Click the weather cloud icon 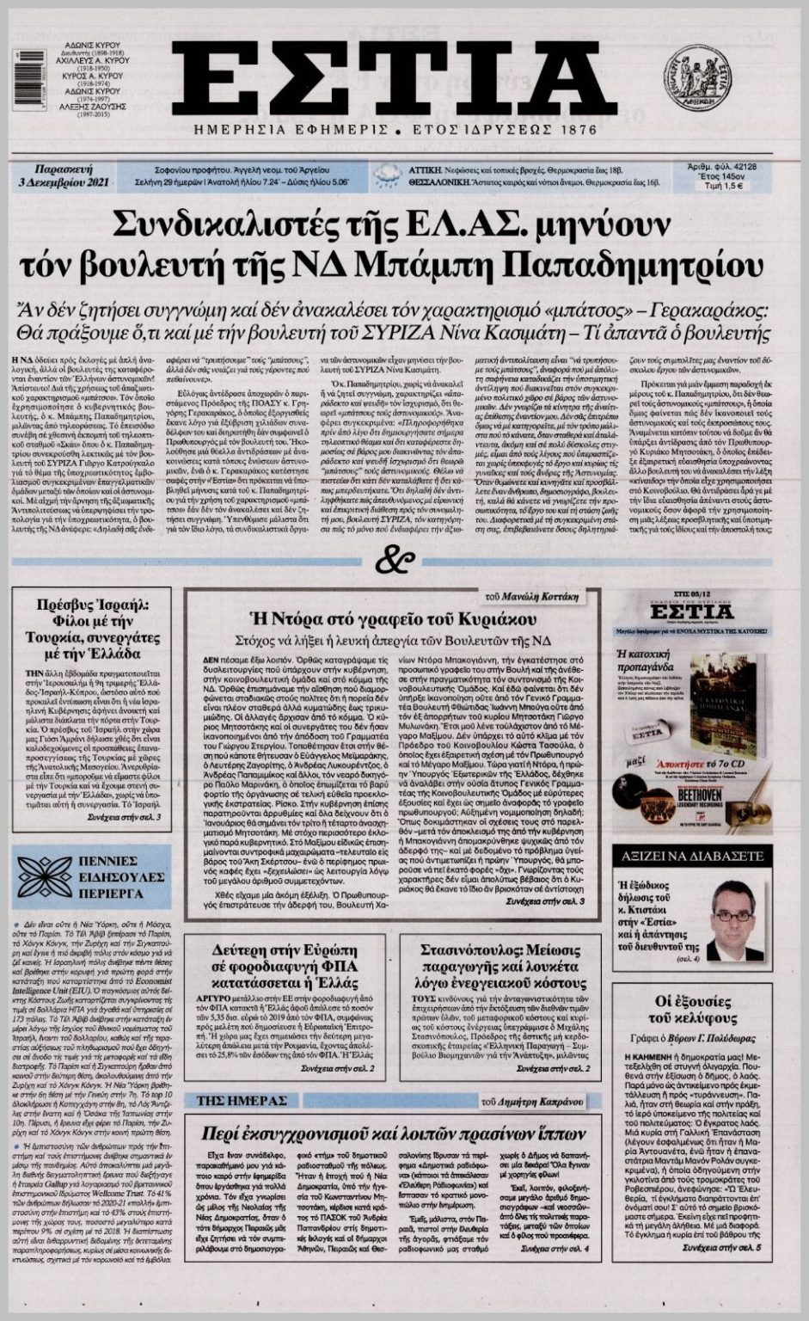point(383,175)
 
